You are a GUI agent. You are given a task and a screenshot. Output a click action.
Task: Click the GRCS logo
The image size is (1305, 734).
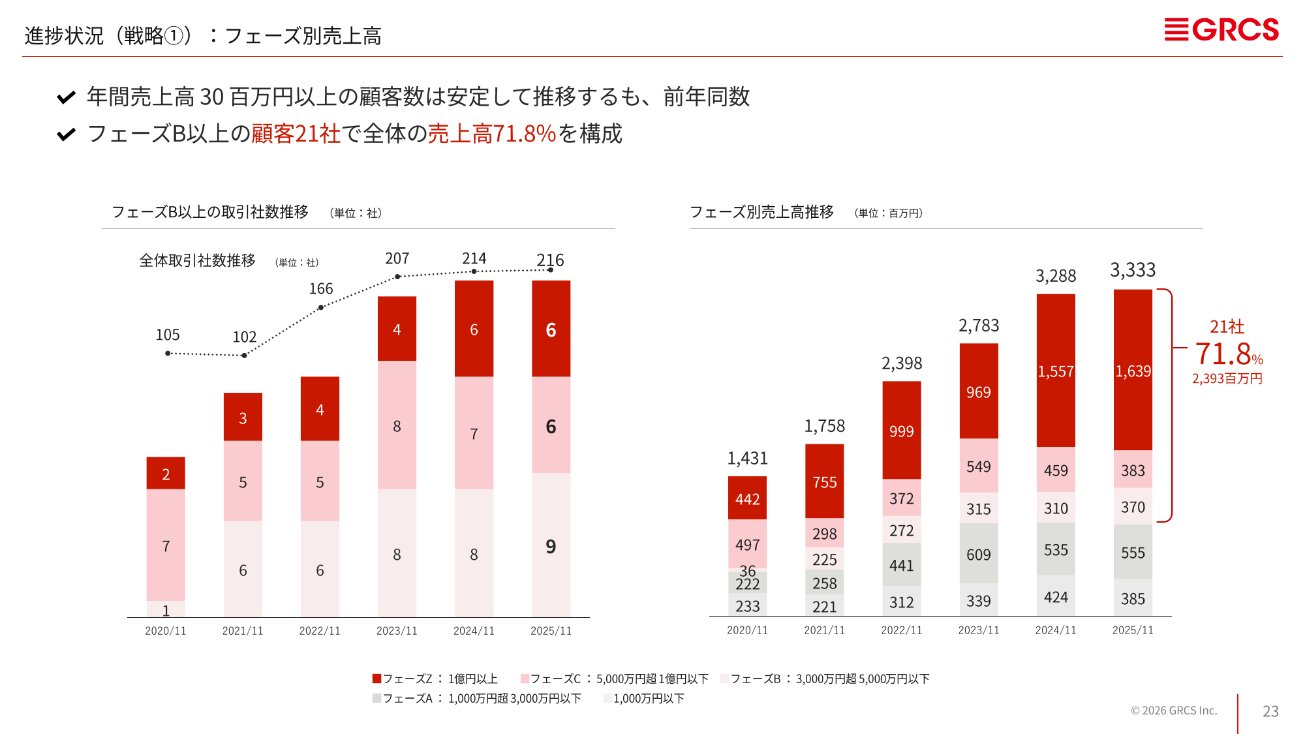[1221, 30]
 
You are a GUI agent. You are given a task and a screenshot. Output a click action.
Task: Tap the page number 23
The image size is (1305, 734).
[1270, 711]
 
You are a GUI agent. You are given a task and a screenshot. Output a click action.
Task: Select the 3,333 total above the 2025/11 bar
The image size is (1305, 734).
[1133, 270]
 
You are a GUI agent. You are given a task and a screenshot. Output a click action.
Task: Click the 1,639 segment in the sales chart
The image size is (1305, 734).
[1133, 371]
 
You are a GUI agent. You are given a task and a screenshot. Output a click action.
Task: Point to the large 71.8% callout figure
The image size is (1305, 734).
[1223, 354]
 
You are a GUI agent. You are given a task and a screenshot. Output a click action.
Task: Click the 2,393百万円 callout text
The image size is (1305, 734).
[1227, 379]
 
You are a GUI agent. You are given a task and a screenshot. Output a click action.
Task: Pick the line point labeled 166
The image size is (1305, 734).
[320, 307]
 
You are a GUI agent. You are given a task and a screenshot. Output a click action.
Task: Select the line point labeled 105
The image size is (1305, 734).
[168, 353]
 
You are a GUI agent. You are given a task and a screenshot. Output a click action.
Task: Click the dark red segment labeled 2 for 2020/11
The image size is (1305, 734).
[166, 474]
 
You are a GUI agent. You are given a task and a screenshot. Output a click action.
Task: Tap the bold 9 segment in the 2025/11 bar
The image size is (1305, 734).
[551, 547]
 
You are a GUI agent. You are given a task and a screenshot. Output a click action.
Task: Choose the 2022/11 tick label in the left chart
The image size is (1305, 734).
[320, 631]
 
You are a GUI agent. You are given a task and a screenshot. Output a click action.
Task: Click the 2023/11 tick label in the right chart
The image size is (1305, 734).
[978, 630]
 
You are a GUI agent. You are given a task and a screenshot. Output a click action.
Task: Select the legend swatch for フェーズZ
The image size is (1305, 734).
[376, 679]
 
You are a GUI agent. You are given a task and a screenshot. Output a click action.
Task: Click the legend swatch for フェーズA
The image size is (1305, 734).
[376, 698]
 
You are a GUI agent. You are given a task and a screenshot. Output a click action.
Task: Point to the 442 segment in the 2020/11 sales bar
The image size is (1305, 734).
[747, 499]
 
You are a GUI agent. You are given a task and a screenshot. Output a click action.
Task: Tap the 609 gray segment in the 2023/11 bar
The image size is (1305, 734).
[978, 555]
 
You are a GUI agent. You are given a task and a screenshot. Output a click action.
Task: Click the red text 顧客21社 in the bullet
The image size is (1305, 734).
[296, 134]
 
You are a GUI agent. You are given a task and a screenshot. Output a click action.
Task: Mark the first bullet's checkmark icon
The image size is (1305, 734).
[66, 98]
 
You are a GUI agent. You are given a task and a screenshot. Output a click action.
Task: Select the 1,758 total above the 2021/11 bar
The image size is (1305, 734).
[824, 427]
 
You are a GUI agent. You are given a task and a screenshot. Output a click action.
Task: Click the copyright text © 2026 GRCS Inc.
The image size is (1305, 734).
[1174, 711]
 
